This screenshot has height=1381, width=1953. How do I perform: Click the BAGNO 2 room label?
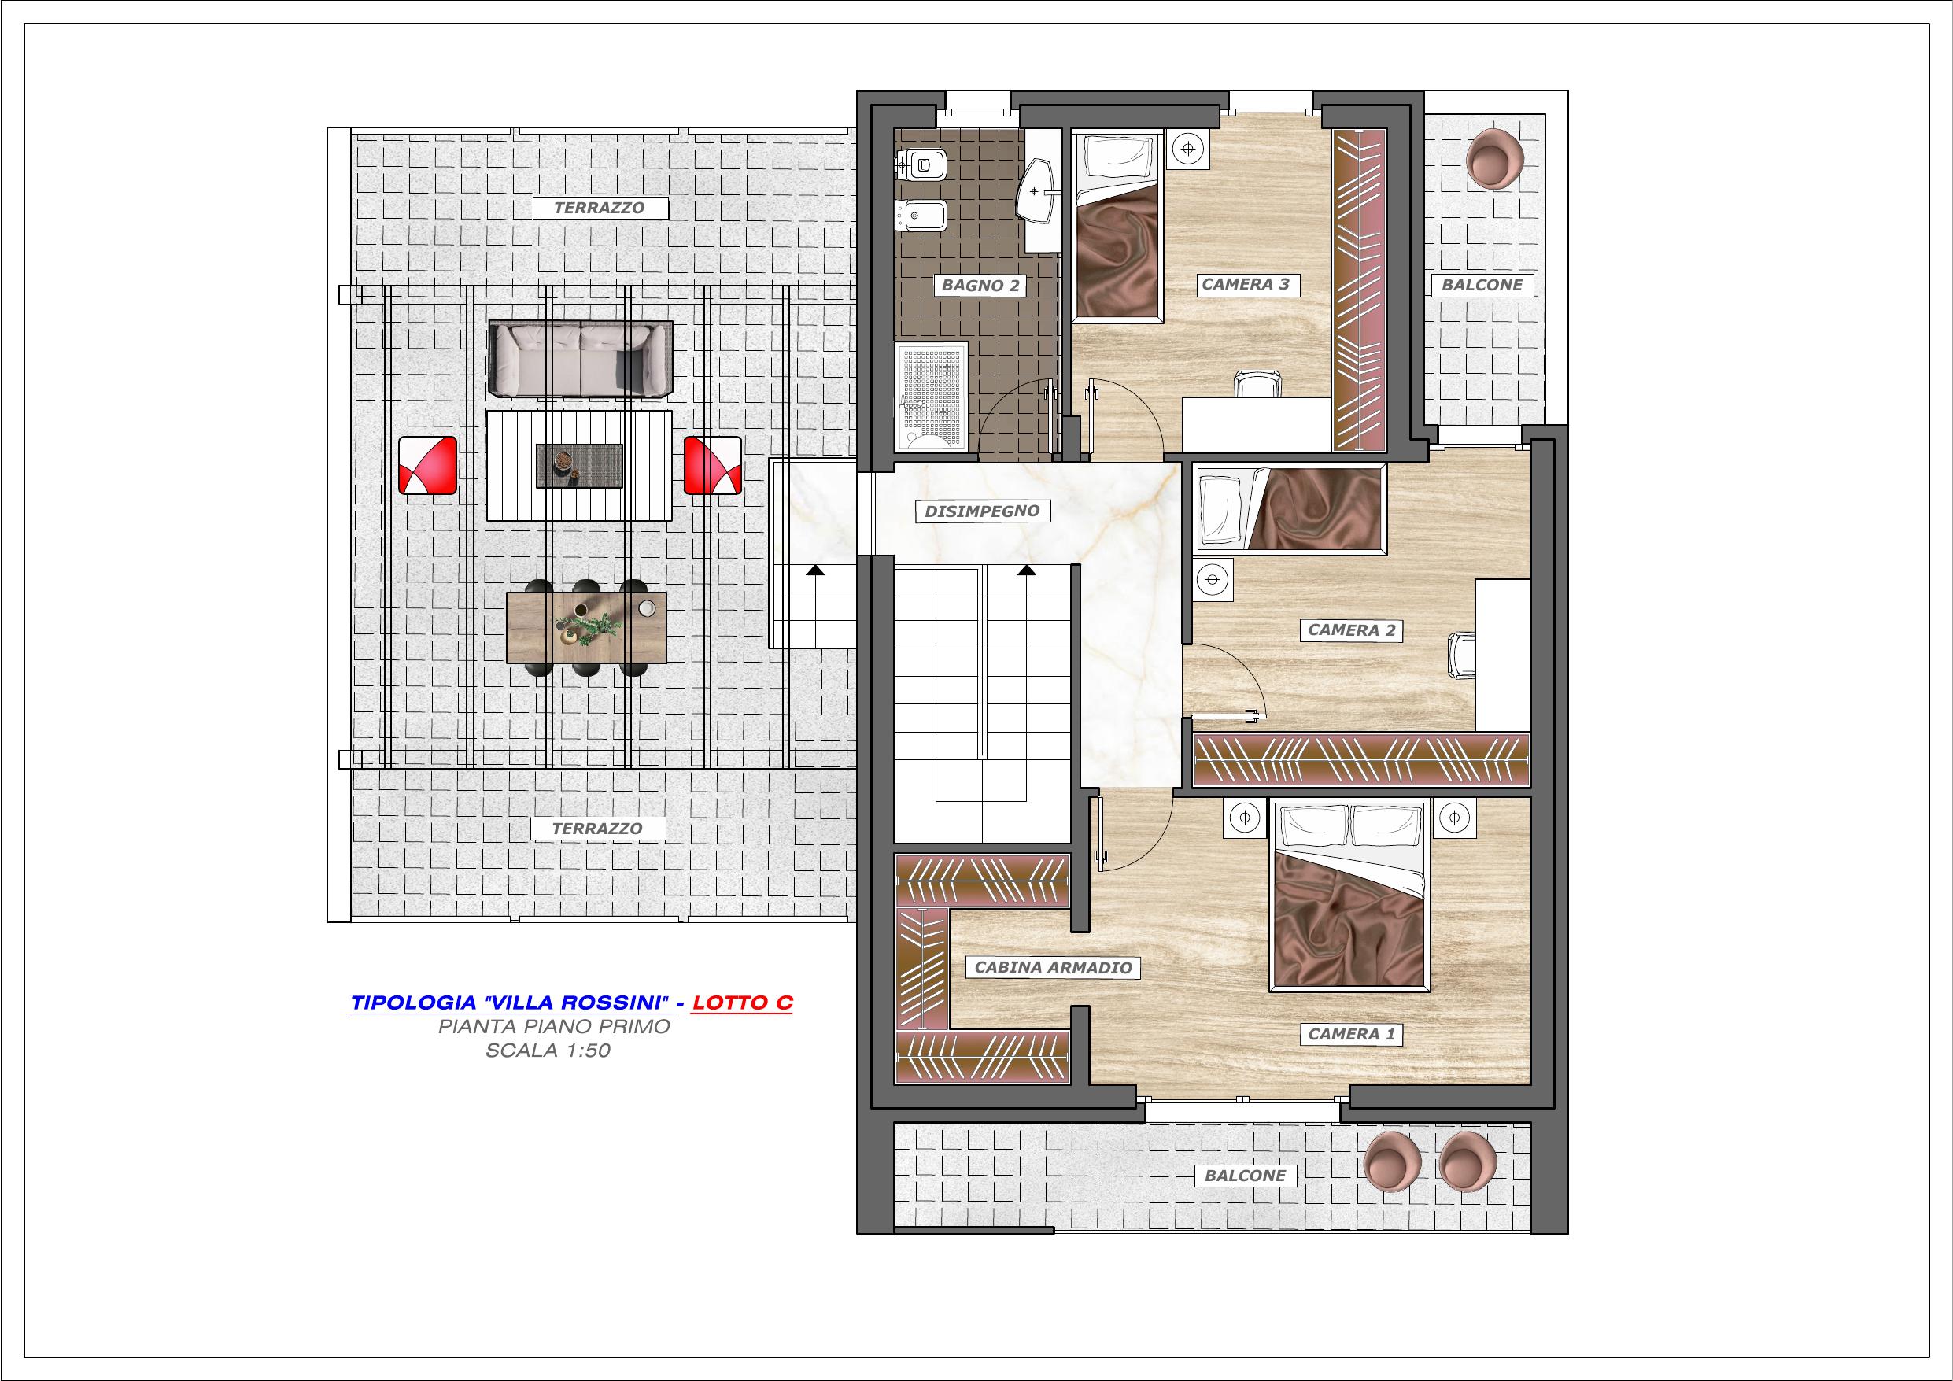(980, 285)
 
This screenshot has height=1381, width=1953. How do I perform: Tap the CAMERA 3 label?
(1246, 284)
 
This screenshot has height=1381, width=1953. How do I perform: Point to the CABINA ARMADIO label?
(1053, 967)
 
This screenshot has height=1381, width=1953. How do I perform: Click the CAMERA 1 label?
(1352, 1034)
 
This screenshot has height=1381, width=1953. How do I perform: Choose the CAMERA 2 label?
(1352, 630)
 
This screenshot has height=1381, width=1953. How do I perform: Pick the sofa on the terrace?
(580, 360)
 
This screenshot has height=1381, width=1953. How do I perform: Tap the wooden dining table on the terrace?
(586, 626)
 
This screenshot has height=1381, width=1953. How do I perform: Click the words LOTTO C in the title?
(743, 1003)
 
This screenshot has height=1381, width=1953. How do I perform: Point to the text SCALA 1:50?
(548, 1051)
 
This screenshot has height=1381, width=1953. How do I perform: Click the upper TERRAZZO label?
(599, 208)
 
